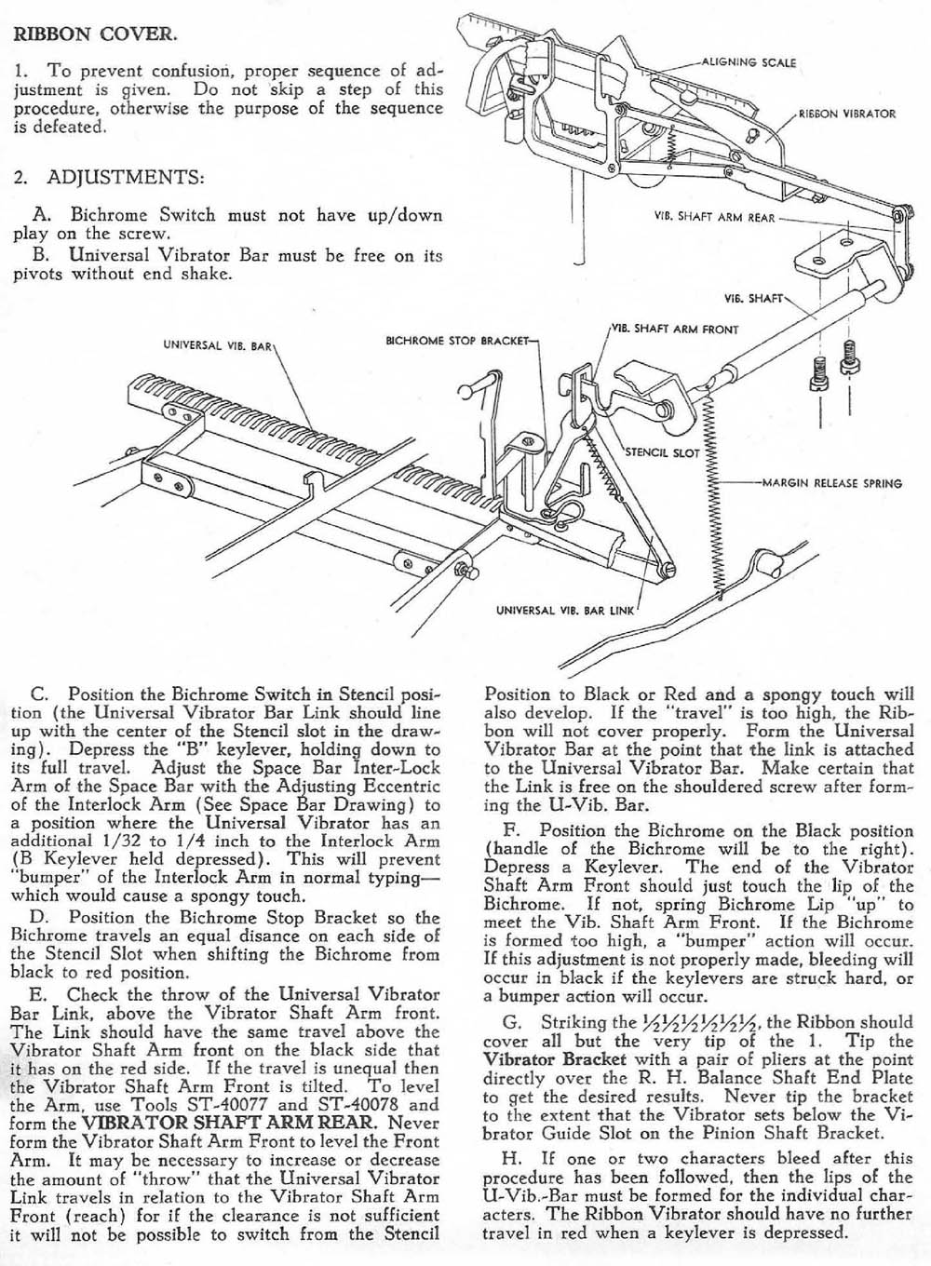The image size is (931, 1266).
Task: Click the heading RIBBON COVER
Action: (89, 35)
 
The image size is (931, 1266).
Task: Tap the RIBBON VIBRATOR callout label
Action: (847, 114)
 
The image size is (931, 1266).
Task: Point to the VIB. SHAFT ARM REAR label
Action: (714, 218)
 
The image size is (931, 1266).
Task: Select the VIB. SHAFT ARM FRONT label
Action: (675, 329)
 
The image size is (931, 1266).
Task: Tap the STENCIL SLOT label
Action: (662, 452)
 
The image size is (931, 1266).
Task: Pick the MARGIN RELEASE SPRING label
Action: (832, 483)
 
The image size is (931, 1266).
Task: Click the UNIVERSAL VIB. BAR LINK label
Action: (564, 611)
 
